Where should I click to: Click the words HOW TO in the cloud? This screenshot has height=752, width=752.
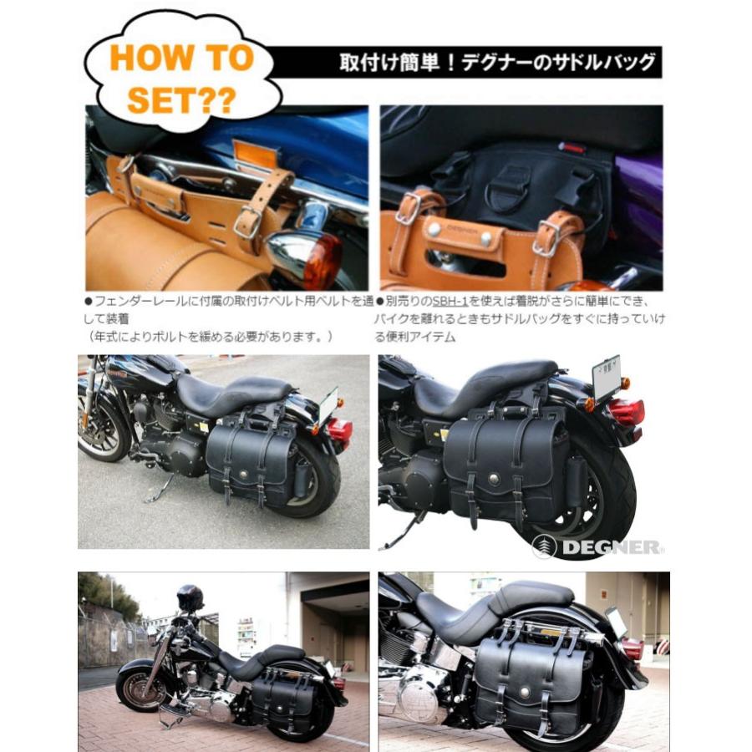[181, 58]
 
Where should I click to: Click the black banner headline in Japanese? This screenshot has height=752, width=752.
[497, 63]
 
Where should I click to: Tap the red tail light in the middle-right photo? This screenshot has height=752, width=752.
[626, 411]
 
